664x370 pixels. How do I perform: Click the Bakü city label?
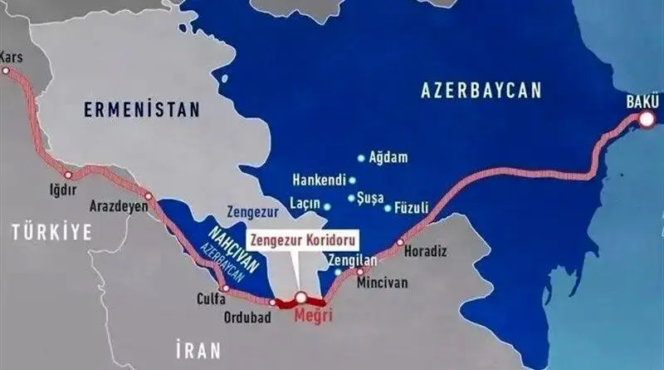tap(642, 103)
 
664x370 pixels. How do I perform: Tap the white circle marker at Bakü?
tap(647, 121)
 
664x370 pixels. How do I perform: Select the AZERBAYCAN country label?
tap(481, 89)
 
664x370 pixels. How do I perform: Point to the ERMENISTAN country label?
tap(142, 109)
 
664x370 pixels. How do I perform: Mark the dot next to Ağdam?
tap(360, 158)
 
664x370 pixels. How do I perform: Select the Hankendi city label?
tap(320, 179)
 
